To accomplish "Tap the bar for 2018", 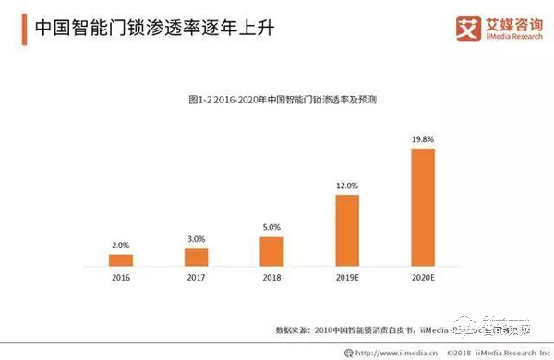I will [271, 251].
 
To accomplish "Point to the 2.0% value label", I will [120, 245].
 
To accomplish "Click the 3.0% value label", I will [196, 238].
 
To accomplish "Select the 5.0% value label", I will [271, 227].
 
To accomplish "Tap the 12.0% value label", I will [347, 186].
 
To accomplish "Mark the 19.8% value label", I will [422, 139].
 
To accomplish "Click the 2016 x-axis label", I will [120, 277].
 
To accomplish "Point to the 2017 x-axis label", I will [196, 277].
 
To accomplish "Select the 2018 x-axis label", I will [271, 277].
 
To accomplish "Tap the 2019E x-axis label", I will [347, 277].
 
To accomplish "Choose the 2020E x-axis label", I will [422, 277].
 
